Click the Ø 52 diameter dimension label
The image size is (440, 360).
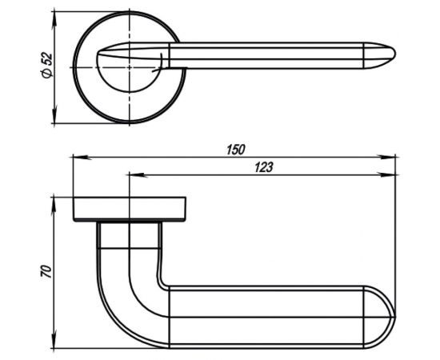click(x=47, y=65)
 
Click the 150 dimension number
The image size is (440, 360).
click(x=236, y=150)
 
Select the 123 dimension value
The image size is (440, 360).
click(x=263, y=167)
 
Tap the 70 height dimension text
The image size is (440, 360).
click(x=46, y=270)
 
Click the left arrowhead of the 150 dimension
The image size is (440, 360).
click(x=82, y=158)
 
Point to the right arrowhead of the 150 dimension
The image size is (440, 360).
click(x=386, y=158)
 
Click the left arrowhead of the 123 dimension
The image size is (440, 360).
click(x=138, y=175)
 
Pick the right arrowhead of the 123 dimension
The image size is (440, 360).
click(x=386, y=175)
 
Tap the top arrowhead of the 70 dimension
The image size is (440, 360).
click(x=54, y=206)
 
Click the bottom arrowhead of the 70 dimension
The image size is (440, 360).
click(x=54, y=339)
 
